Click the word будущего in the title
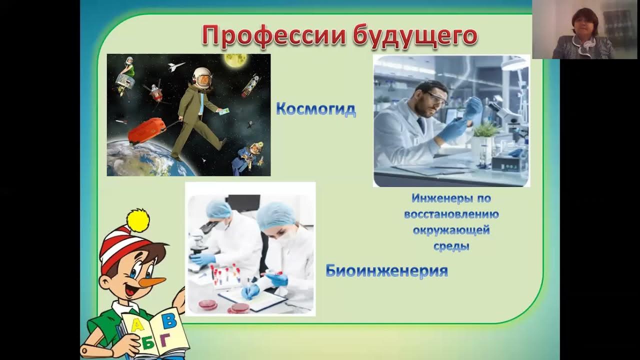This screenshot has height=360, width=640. (x=414, y=36)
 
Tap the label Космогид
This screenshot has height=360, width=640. (x=315, y=109)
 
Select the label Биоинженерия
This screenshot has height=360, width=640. (x=386, y=271)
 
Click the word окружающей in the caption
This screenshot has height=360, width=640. (x=451, y=230)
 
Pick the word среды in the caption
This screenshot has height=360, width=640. (x=451, y=246)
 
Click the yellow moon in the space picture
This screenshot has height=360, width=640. (x=236, y=61)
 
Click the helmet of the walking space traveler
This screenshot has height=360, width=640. (x=202, y=77)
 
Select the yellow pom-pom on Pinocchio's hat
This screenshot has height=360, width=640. (x=138, y=220)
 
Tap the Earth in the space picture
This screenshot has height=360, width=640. (x=140, y=159)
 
